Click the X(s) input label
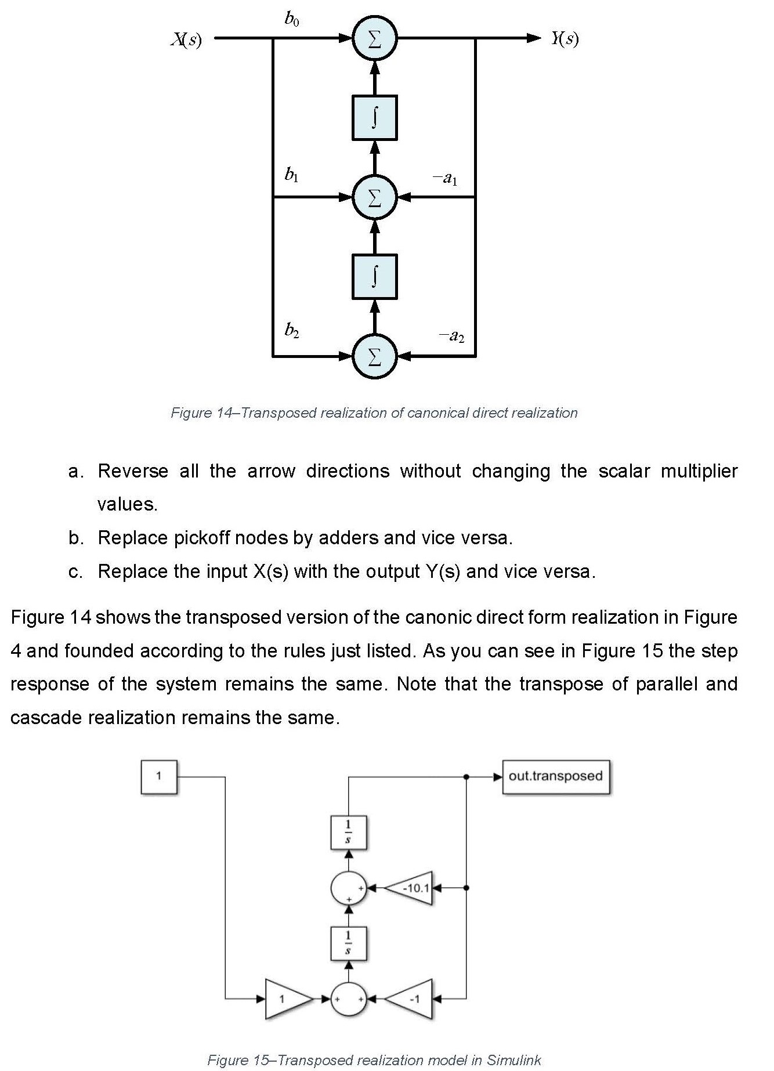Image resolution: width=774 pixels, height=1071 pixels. coord(186,39)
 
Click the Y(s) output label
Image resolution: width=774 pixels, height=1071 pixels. coord(565,39)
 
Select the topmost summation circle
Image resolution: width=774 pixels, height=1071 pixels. coord(375,39)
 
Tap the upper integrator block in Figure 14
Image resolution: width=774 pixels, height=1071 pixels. coord(375,118)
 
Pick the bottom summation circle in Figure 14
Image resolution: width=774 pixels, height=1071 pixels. coord(375,356)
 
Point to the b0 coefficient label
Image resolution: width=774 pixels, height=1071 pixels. coord(292,20)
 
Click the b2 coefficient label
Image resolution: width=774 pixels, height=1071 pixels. coord(292,331)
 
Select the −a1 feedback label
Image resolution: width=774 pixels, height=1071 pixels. coord(445,178)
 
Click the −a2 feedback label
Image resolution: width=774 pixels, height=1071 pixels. coord(451,335)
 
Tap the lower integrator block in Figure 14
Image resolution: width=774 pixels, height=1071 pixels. coord(375,277)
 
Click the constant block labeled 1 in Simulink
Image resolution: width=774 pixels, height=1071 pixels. coord(158,776)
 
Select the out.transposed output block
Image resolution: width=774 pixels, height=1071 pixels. coord(555,776)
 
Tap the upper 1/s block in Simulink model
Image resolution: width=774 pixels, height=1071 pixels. coord(348,832)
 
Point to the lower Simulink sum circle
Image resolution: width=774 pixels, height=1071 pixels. coord(348,998)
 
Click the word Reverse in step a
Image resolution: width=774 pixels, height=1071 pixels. coord(133,471)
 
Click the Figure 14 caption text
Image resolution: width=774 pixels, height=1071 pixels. coord(374,413)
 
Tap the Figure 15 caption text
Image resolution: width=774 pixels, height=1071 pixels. coord(374,1060)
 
